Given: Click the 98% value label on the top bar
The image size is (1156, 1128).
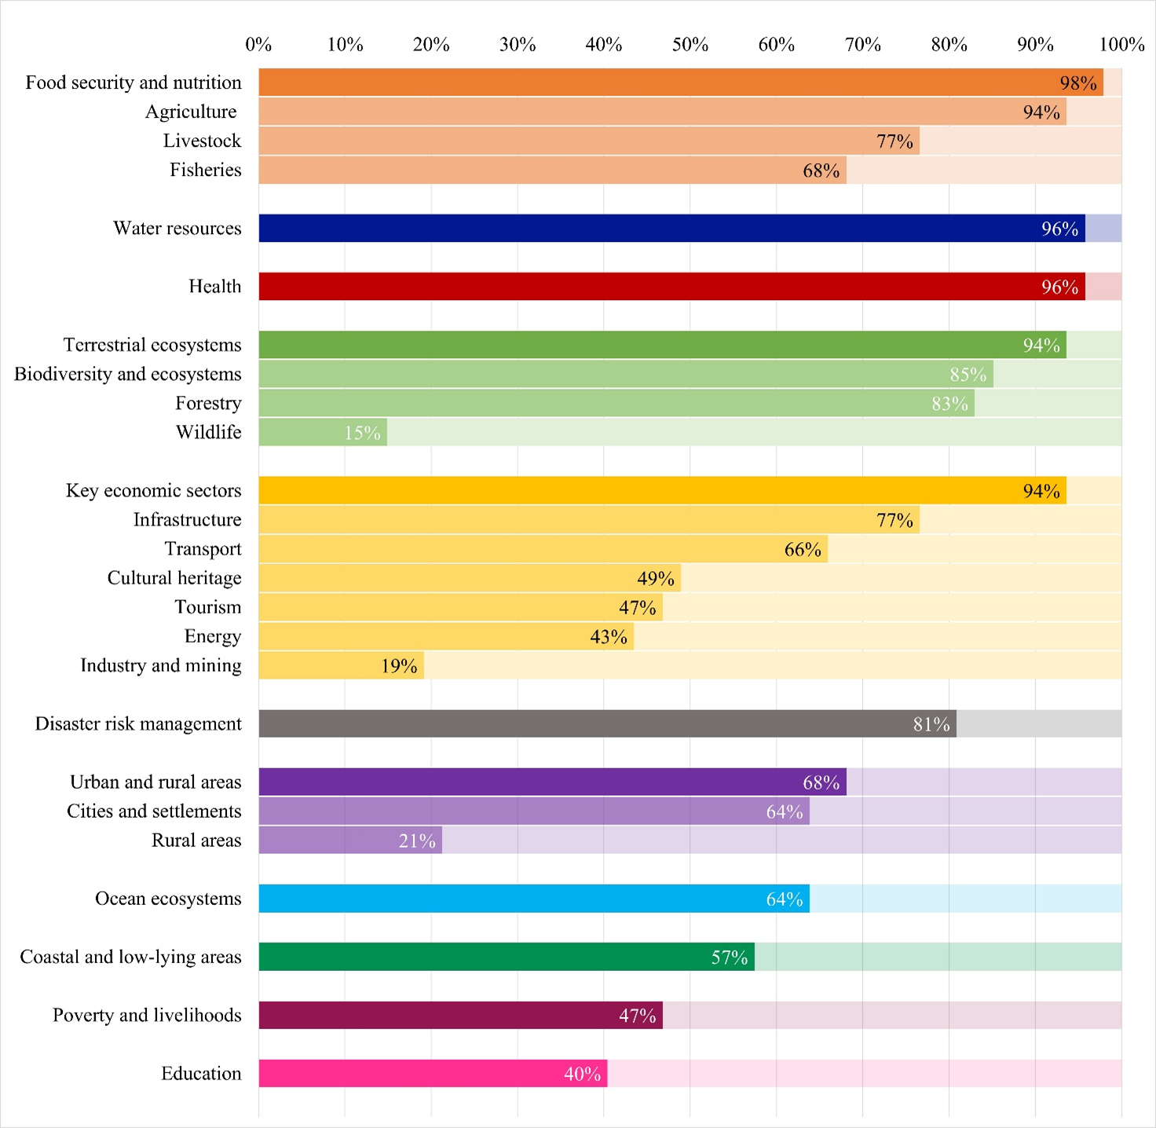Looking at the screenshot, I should pos(1077,83).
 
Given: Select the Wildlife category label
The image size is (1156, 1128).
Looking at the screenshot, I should pos(208,432).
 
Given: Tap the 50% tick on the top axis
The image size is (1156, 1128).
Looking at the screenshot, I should pos(690,45).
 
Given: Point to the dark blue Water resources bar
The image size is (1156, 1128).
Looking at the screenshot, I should pos(671,229).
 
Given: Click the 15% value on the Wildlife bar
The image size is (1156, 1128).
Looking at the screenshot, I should pos(362,433).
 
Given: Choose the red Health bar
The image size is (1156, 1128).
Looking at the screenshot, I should pos(671,287).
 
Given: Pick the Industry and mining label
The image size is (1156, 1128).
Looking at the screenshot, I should pos(160,665).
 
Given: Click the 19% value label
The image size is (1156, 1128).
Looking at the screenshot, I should pos(399,666).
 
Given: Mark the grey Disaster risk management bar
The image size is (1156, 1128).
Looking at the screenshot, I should pos(607,723).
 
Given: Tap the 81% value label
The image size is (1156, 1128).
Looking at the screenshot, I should pos(931,724).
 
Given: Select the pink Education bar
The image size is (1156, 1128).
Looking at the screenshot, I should pos(432,1074).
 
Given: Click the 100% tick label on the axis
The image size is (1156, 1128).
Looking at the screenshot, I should pos(1121,45).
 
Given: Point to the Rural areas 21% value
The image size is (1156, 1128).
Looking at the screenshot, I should pos(416,841).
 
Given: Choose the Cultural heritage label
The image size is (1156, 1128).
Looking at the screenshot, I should pos(174,578).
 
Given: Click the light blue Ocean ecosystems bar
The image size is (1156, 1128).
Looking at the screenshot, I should pos(534,899).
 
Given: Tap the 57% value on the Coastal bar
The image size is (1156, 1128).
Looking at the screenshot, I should pos(729,958).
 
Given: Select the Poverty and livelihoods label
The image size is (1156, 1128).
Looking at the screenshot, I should pos(147,1015).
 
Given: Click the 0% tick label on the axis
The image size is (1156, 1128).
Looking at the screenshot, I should pos(258,45).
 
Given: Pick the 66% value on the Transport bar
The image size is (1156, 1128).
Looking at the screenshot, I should pos(802,550).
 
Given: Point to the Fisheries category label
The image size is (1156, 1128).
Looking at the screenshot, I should pos(205,170).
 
